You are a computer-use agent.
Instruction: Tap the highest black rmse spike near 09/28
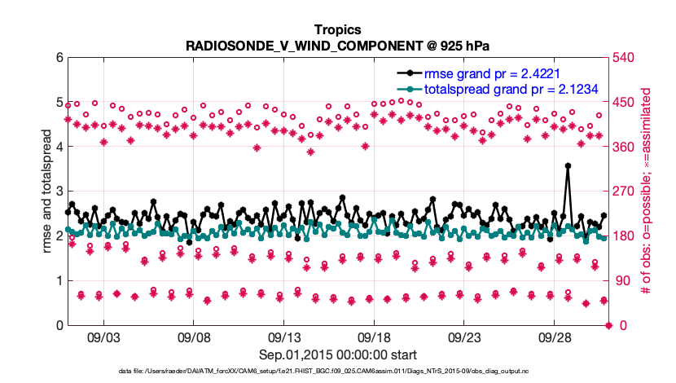[x=568, y=165]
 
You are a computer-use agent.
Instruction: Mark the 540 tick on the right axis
[x=626, y=58]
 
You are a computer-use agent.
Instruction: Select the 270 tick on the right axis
[x=626, y=191]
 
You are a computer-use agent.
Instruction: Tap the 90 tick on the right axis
[x=622, y=281]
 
